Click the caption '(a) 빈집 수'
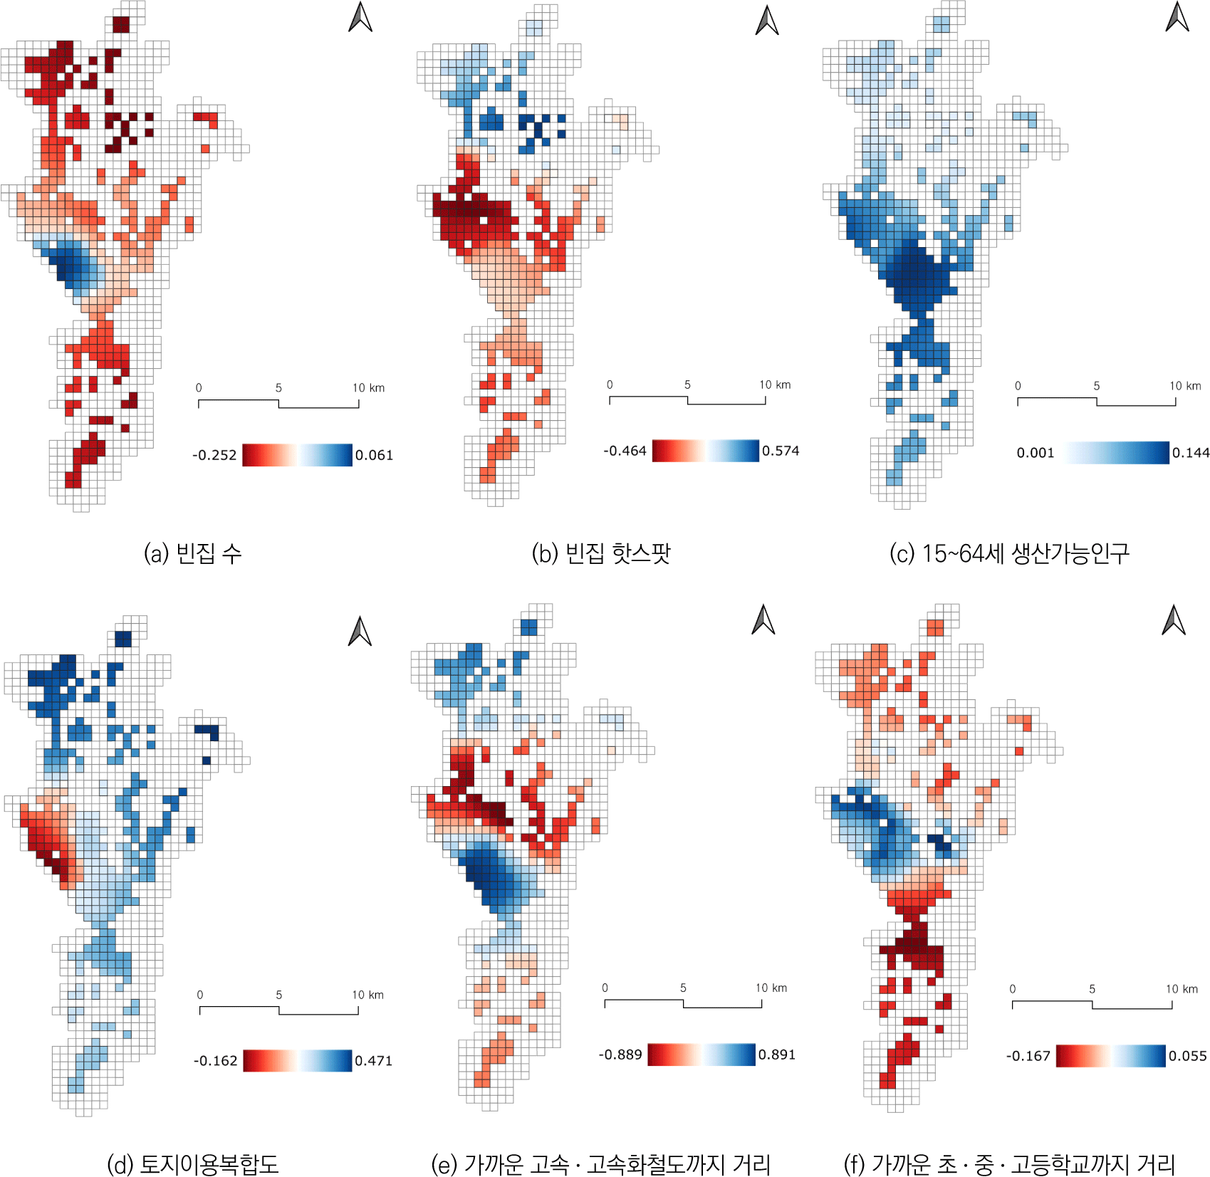[192, 553]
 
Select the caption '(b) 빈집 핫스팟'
[601, 553]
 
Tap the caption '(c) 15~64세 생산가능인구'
[1009, 553]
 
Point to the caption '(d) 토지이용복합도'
[192, 1164]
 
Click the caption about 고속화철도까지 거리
[601, 1164]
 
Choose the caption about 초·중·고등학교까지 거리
[1009, 1164]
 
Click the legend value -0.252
[214, 455]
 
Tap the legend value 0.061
[374, 455]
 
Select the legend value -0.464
[625, 451]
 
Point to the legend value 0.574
[781, 451]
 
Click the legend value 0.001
[1036, 453]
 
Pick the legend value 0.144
[1191, 453]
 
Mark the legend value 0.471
[374, 1061]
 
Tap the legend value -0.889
[620, 1055]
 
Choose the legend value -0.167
[1028, 1056]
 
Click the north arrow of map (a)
[360, 18]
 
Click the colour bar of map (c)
[1117, 453]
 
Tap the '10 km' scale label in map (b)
[775, 385]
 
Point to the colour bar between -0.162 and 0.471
[297, 1061]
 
